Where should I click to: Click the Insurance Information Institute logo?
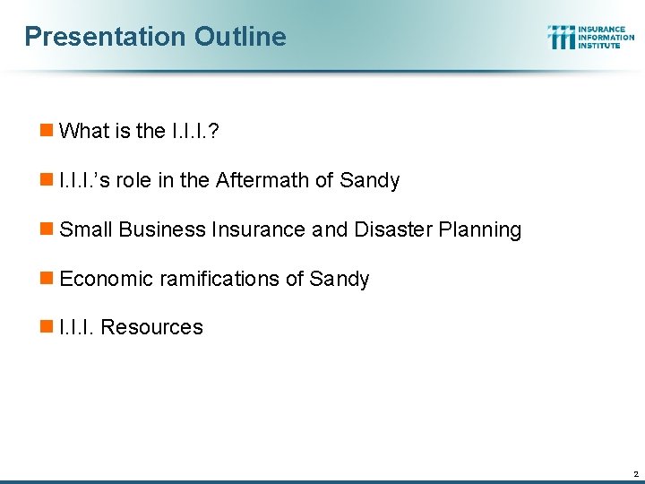[x=590, y=37]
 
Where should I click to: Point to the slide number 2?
[x=634, y=473]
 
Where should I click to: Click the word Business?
[x=162, y=230]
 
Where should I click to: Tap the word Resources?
[x=152, y=328]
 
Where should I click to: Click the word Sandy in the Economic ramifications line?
[x=340, y=280]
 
